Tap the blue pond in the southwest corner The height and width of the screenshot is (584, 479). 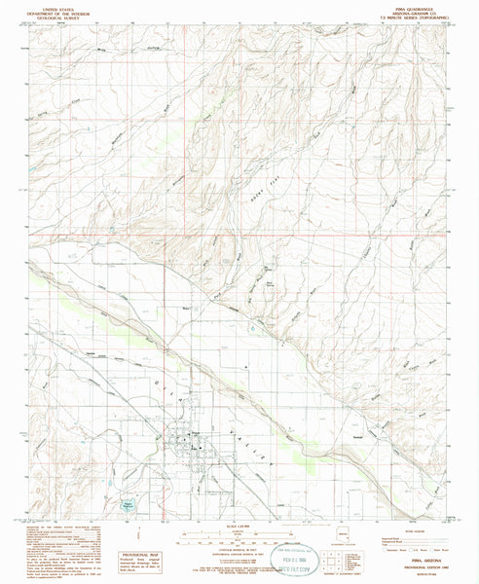(127, 505)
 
